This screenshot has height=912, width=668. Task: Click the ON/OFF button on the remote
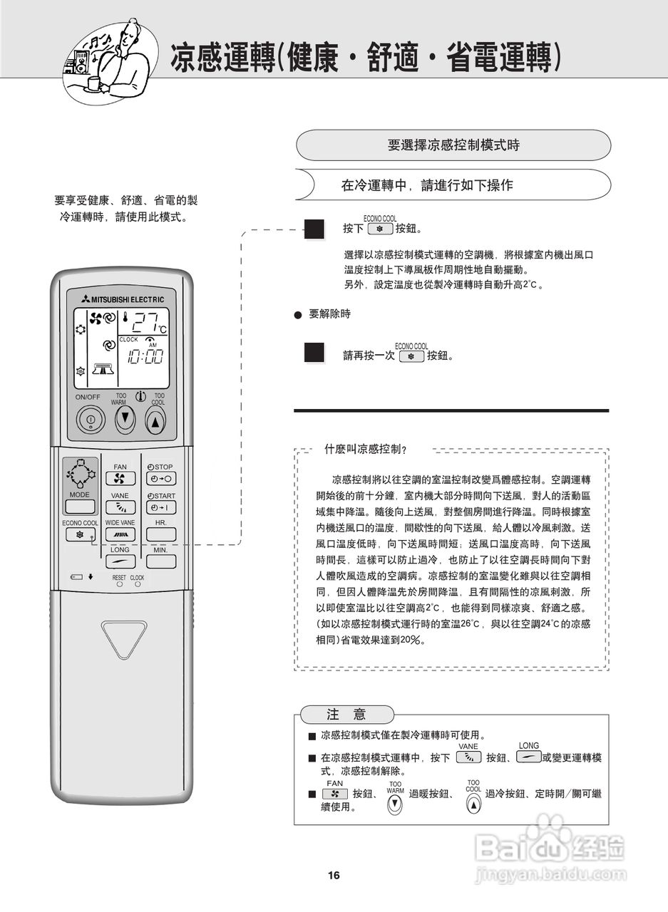click(x=91, y=419)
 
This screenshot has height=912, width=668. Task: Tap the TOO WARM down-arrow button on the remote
click(x=125, y=419)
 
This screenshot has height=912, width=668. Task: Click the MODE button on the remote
click(x=80, y=507)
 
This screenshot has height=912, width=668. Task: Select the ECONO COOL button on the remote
click(x=80, y=534)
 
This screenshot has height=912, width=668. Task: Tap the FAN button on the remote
click(x=120, y=479)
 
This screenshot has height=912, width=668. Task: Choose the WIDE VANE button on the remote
click(x=120, y=534)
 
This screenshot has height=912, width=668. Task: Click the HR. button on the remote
click(x=160, y=534)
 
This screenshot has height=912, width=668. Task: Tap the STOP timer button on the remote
click(x=160, y=479)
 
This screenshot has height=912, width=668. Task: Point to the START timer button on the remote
click(x=160, y=507)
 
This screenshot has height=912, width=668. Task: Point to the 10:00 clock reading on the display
click(x=145, y=357)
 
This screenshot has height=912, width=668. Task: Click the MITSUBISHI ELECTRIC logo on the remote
click(x=122, y=299)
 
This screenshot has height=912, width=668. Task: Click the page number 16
click(x=334, y=876)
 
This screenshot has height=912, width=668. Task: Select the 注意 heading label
click(x=346, y=715)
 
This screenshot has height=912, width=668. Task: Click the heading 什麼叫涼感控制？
click(x=366, y=449)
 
